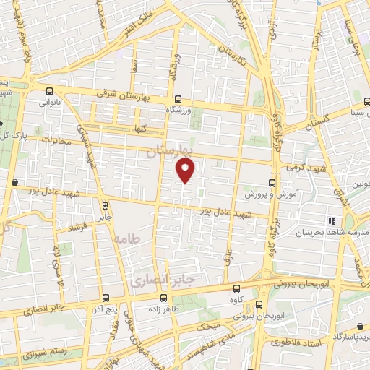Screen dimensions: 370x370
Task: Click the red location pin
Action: click(186, 171)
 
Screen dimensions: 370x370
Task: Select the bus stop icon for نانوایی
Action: click(49, 92)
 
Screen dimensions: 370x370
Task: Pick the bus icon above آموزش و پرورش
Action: click(272, 183)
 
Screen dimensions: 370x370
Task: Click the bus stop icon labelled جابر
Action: click(106, 205)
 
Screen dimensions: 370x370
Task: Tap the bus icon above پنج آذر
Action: click(106, 298)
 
